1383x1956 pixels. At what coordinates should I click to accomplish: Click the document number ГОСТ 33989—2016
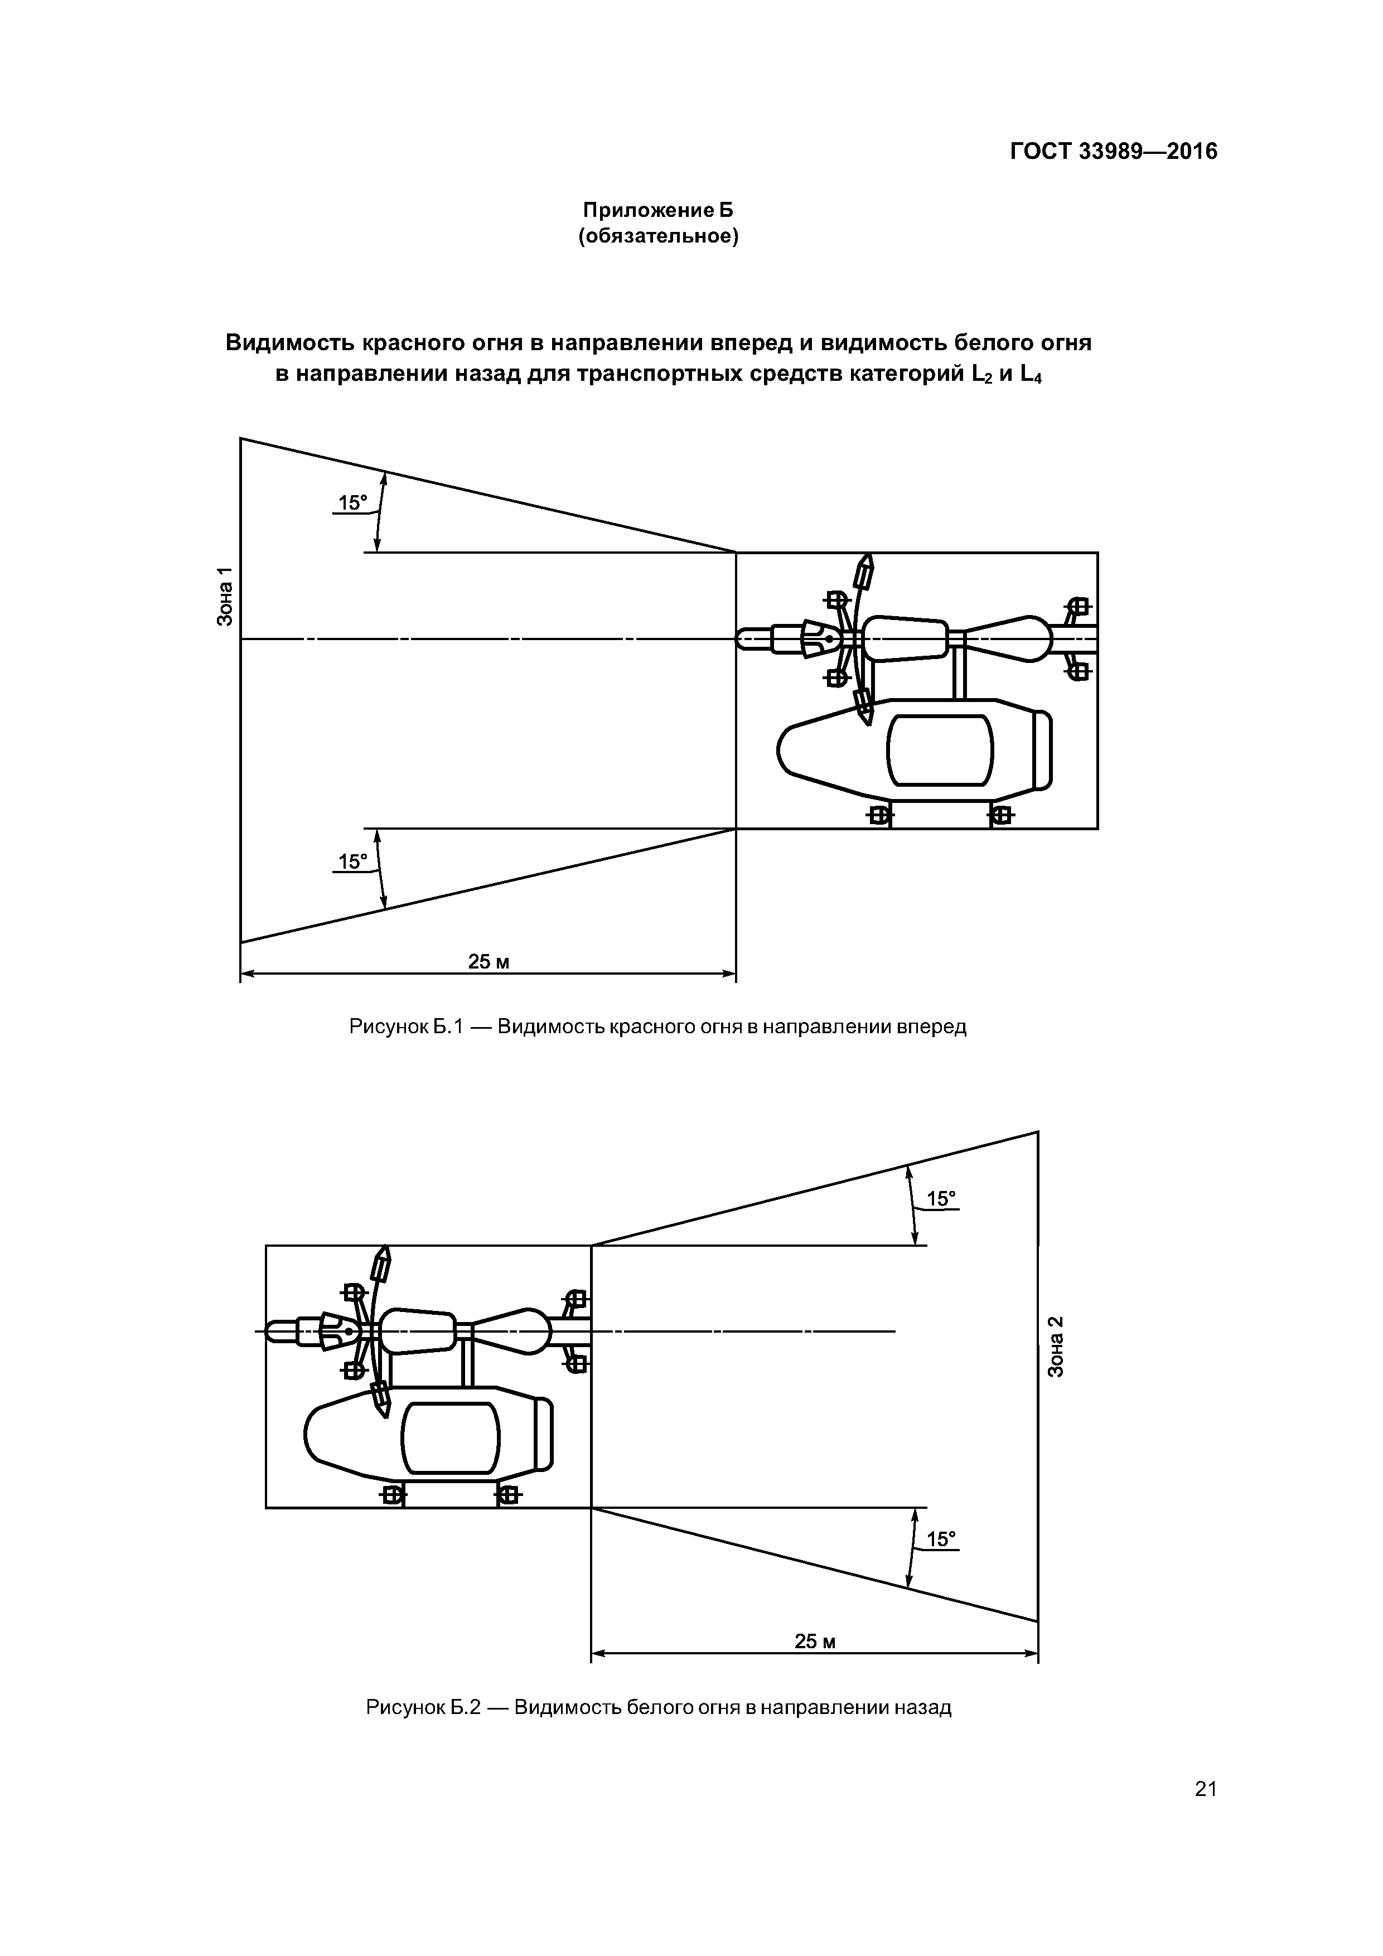click(x=1113, y=152)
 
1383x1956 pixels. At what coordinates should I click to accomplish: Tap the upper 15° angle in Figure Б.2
click(x=941, y=1199)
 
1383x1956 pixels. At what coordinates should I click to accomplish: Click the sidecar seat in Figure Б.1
click(x=940, y=751)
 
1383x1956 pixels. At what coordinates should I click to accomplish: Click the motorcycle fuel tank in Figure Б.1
click(x=906, y=638)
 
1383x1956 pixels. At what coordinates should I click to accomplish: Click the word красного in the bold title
click(x=408, y=342)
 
